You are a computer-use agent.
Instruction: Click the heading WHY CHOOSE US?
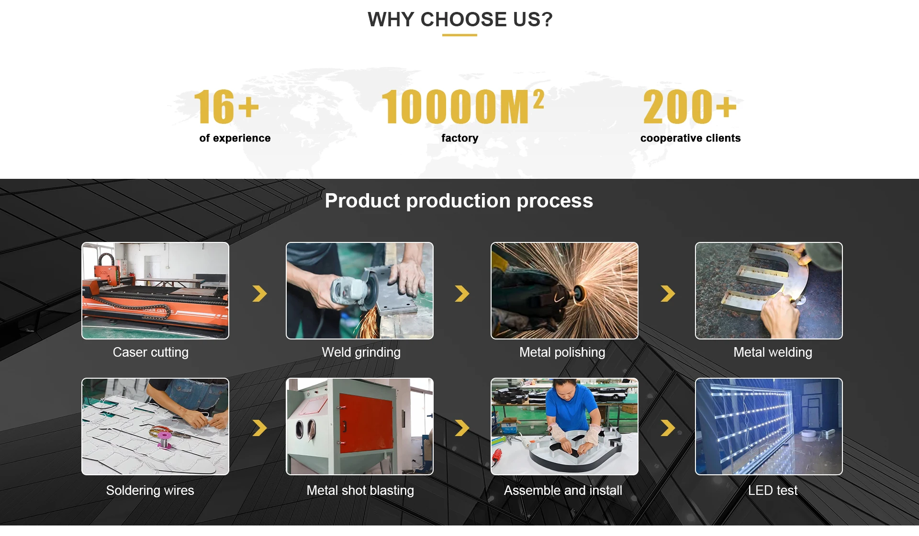click(460, 20)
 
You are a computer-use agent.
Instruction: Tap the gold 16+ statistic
click(226, 107)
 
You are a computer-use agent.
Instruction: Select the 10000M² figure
click(463, 107)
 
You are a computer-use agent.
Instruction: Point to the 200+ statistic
click(690, 107)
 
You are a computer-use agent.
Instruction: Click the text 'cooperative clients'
click(690, 138)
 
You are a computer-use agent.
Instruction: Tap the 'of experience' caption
click(235, 138)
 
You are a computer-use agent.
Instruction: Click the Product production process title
click(459, 201)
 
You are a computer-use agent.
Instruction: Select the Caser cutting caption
click(151, 352)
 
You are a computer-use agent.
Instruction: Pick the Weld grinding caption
click(361, 352)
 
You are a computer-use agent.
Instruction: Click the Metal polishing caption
click(562, 352)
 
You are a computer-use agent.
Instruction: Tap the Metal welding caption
click(773, 352)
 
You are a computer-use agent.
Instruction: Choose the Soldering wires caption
click(150, 491)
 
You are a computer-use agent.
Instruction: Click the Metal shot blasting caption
click(360, 491)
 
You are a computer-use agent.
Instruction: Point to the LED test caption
click(773, 491)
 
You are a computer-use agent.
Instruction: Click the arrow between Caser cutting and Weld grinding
click(260, 294)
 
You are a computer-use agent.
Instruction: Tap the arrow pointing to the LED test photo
click(668, 428)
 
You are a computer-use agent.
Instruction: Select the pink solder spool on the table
click(165, 439)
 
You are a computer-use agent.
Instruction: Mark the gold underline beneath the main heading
click(459, 35)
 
